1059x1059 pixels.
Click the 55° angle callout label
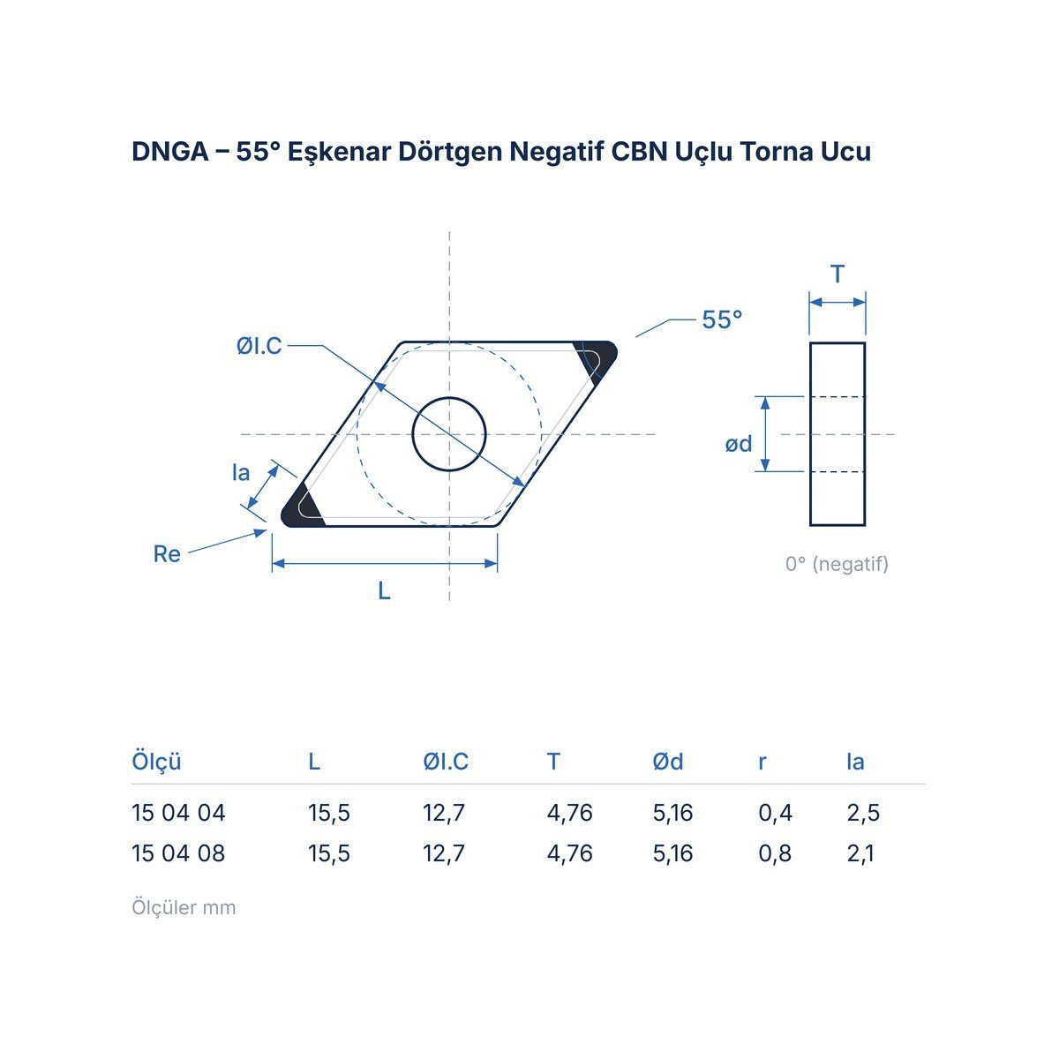tap(722, 319)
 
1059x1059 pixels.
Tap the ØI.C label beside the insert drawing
tap(259, 346)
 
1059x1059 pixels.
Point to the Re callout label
tap(167, 554)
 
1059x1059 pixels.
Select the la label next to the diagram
tap(241, 473)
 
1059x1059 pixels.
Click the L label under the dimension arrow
tap(384, 591)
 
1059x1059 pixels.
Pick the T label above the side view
tap(837, 274)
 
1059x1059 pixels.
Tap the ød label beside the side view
tap(738, 444)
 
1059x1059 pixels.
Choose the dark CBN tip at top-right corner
tap(599, 357)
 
